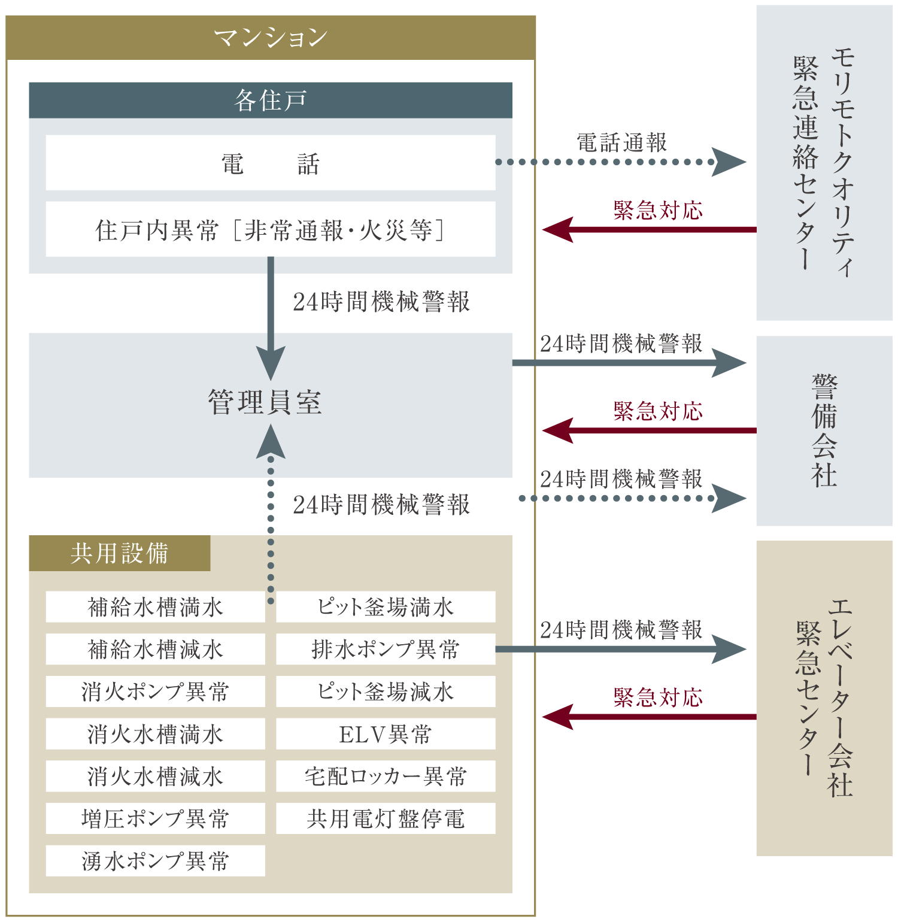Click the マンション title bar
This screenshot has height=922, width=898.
tap(271, 38)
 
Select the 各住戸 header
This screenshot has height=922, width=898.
tap(271, 100)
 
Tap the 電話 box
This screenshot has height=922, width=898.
tap(271, 163)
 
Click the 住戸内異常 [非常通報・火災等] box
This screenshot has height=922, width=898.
tap(271, 229)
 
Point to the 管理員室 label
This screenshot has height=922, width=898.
tap(265, 402)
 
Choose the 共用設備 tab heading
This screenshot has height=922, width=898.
tap(120, 553)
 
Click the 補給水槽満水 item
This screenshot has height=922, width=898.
tap(156, 607)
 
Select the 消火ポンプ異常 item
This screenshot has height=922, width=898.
tap(156, 691)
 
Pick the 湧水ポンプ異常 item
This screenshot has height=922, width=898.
tap(156, 861)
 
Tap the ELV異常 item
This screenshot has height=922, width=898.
tap(386, 734)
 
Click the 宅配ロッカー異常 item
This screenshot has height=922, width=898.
tap(386, 777)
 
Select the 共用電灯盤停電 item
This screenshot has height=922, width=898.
tap(386, 818)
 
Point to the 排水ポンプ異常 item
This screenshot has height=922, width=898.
tap(386, 649)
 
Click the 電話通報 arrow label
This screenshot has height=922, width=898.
tap(621, 143)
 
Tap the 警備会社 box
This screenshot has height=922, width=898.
tap(824, 431)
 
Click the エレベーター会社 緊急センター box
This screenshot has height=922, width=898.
tap(824, 698)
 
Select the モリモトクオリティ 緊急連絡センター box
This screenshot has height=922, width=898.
tap(824, 163)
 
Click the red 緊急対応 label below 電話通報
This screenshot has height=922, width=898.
tap(658, 211)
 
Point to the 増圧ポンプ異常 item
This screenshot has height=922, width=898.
tap(156, 818)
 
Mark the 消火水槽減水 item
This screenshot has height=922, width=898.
tap(156, 777)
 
